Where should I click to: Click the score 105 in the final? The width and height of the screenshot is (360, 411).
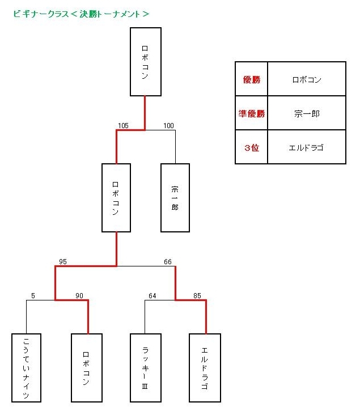click(x=123, y=125)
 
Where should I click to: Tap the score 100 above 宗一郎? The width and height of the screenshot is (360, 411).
click(x=168, y=125)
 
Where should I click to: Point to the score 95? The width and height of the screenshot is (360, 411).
click(x=63, y=261)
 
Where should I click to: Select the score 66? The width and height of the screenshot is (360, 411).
click(x=168, y=261)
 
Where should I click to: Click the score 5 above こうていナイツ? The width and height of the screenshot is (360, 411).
click(x=33, y=295)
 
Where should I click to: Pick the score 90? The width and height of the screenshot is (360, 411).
click(x=79, y=295)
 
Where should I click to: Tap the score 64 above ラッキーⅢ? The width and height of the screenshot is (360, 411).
click(x=152, y=295)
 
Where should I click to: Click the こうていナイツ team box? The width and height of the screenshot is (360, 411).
click(x=27, y=368)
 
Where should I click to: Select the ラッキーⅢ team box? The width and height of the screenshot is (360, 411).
click(x=146, y=368)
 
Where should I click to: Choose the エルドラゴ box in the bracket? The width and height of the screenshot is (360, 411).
click(x=205, y=368)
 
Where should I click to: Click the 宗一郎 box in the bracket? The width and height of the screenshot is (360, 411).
click(x=175, y=198)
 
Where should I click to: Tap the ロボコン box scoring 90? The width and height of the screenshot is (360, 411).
click(x=87, y=368)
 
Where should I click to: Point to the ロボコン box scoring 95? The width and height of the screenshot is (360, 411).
click(x=116, y=198)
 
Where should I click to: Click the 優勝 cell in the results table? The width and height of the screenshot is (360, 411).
click(x=251, y=79)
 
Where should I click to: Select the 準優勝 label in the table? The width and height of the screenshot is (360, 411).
click(x=251, y=113)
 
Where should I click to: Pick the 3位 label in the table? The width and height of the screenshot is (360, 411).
click(x=251, y=147)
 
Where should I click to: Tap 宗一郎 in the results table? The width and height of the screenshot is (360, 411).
click(x=307, y=113)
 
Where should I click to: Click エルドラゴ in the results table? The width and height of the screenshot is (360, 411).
click(x=307, y=147)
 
